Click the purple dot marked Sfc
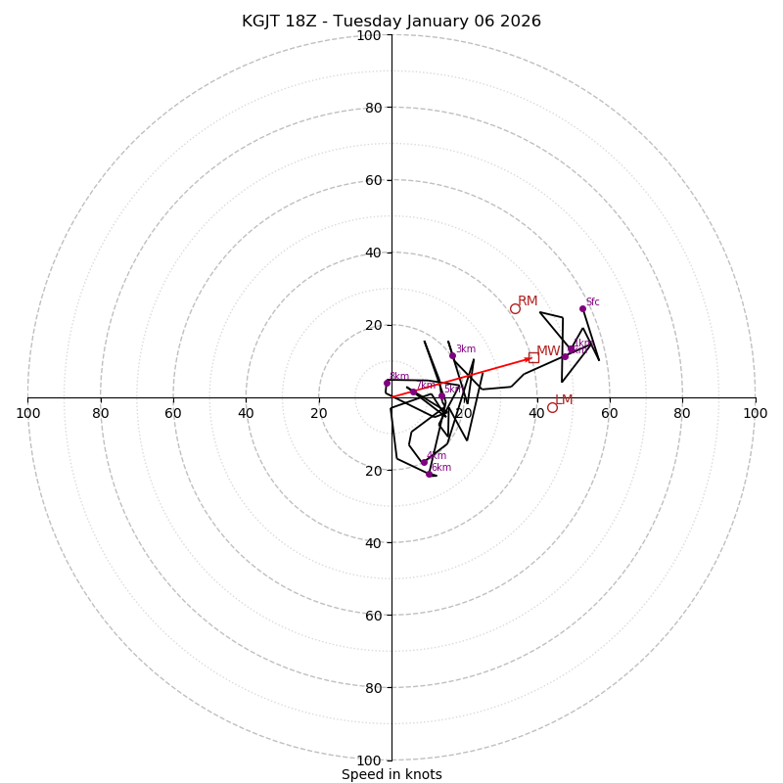click(582, 308)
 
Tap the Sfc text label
click(592, 302)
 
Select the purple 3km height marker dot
click(452, 355)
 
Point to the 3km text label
click(466, 349)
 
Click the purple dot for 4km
click(424, 462)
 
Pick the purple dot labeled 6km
click(429, 474)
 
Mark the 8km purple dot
click(387, 383)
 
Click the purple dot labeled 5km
click(441, 395)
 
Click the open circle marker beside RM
click(515, 308)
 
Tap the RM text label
click(528, 301)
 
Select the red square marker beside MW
click(533, 357)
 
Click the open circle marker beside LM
click(552, 407)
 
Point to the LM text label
click(564, 400)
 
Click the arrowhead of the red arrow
click(528, 359)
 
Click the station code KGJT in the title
click(263, 22)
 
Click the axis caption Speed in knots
click(391, 774)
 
